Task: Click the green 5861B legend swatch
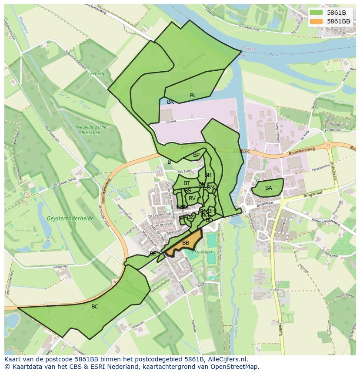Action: [316, 13]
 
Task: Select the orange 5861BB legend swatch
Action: [316, 21]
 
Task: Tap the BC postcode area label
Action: [95, 307]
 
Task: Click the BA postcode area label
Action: [269, 188]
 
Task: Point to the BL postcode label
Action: [193, 96]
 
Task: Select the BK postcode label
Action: [170, 102]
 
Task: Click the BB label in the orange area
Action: [186, 243]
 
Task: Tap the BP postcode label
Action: [196, 155]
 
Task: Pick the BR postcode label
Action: [208, 175]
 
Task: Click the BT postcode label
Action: [187, 184]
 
